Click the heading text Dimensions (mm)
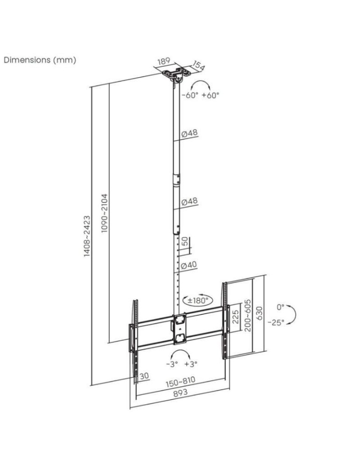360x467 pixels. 40,60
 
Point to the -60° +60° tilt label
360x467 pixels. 200,95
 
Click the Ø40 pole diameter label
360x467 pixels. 189,265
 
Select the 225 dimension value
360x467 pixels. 236,318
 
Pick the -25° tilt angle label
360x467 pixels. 276,322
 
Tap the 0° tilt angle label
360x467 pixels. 280,307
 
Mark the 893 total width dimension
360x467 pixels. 180,393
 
